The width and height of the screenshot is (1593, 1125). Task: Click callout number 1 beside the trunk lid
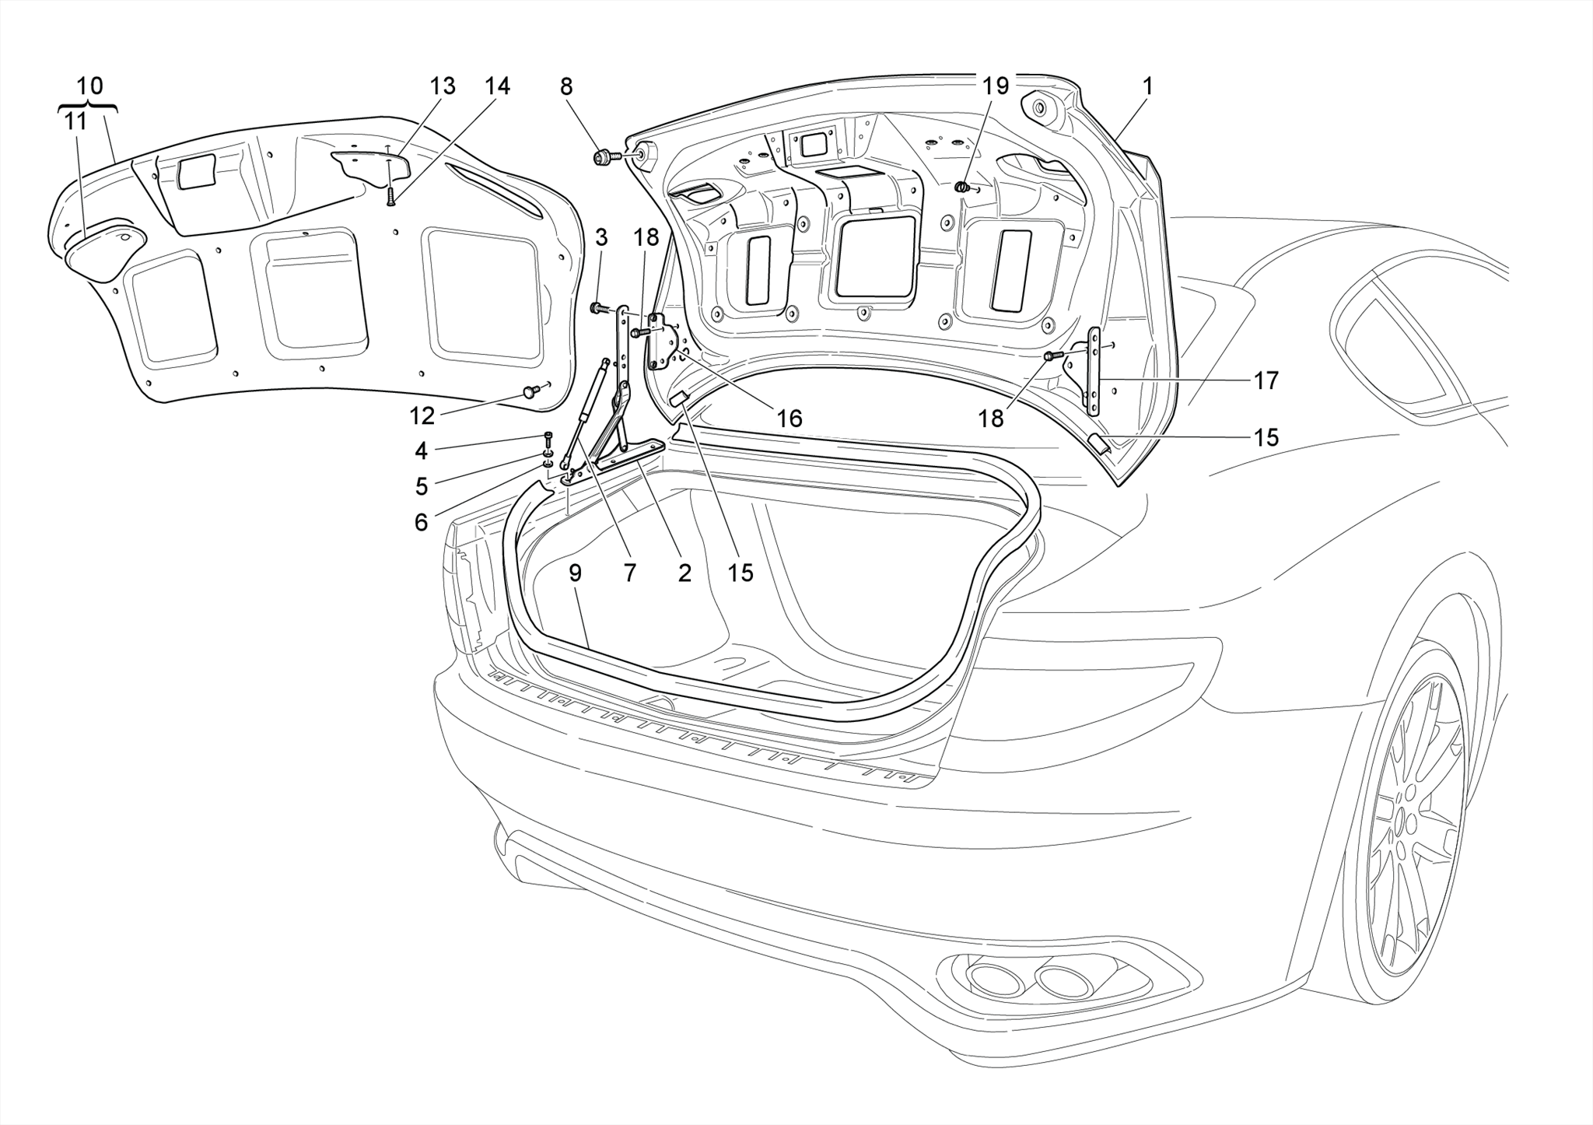1147,87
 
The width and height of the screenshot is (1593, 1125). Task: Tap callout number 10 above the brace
90,86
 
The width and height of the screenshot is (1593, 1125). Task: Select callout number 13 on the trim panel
442,87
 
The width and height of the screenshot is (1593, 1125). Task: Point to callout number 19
996,86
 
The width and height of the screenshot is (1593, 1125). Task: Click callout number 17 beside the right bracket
1266,380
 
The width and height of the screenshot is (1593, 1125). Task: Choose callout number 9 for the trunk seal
575,573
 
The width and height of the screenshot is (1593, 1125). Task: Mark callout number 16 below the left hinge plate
789,419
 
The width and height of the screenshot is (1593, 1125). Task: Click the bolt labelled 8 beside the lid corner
603,158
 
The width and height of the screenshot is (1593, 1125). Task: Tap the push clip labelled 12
531,391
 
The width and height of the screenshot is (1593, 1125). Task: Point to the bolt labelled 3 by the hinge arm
597,309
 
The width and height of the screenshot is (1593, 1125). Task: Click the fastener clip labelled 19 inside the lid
962,187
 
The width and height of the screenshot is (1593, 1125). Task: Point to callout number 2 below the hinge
684,573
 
